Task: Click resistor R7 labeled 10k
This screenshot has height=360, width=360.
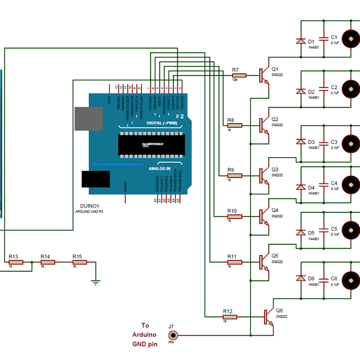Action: (x=235, y=76)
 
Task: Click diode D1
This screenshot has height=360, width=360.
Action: (x=300, y=41)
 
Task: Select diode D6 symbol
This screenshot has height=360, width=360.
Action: (x=300, y=278)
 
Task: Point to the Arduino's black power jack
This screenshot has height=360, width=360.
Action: (x=95, y=180)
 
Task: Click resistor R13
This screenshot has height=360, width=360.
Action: (x=13, y=262)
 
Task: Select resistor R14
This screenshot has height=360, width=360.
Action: (x=46, y=262)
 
